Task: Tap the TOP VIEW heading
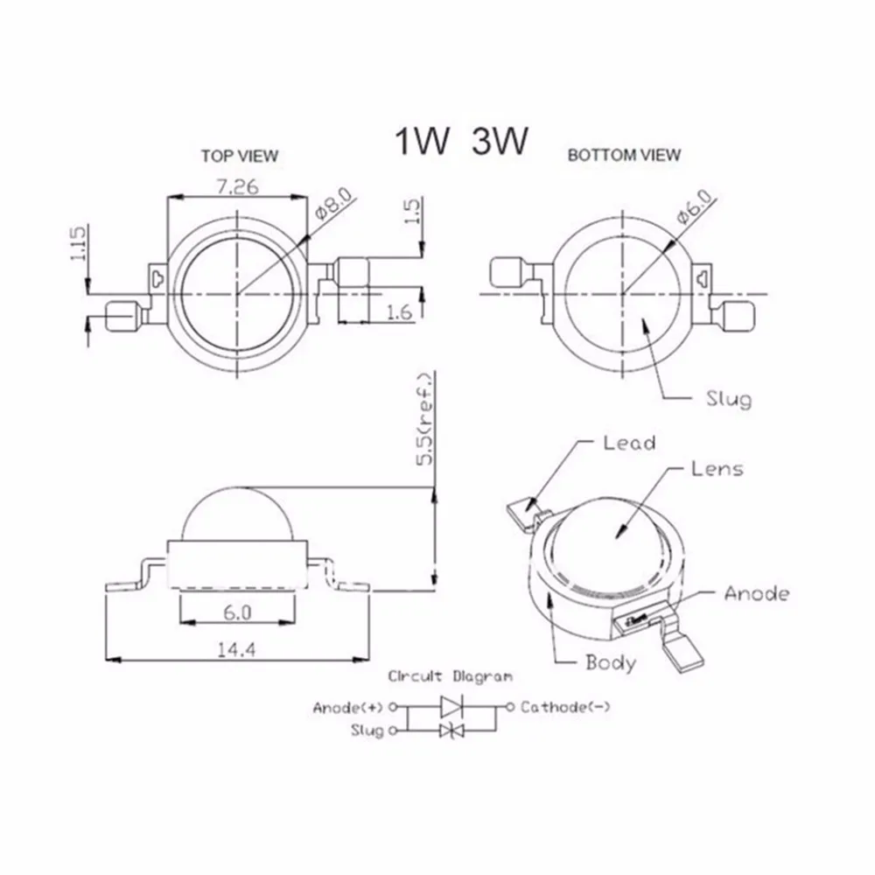click(x=239, y=156)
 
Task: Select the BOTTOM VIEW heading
click(x=624, y=156)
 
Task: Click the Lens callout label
click(x=717, y=469)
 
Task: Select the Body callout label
click(x=611, y=662)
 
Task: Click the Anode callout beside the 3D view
click(x=756, y=594)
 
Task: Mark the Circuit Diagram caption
click(x=451, y=676)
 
